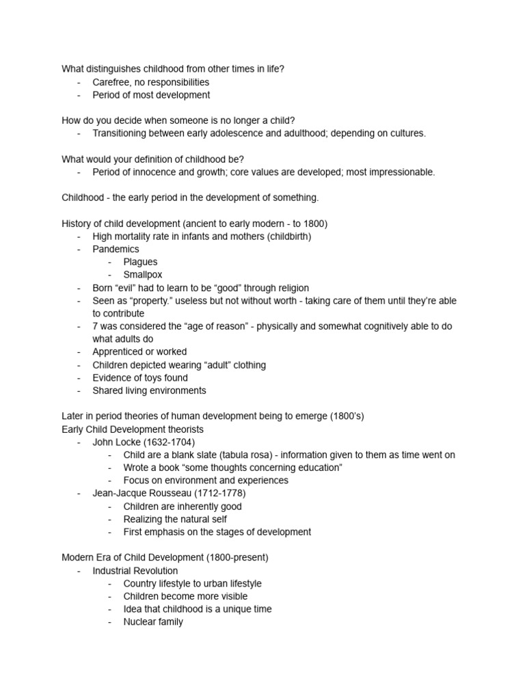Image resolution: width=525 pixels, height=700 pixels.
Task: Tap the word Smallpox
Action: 143,275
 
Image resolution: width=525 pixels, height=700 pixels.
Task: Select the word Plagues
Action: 140,262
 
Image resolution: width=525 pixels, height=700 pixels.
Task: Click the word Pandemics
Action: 116,250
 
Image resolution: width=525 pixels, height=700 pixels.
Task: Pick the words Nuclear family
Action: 153,622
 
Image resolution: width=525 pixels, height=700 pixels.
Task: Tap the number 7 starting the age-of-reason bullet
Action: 96,326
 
